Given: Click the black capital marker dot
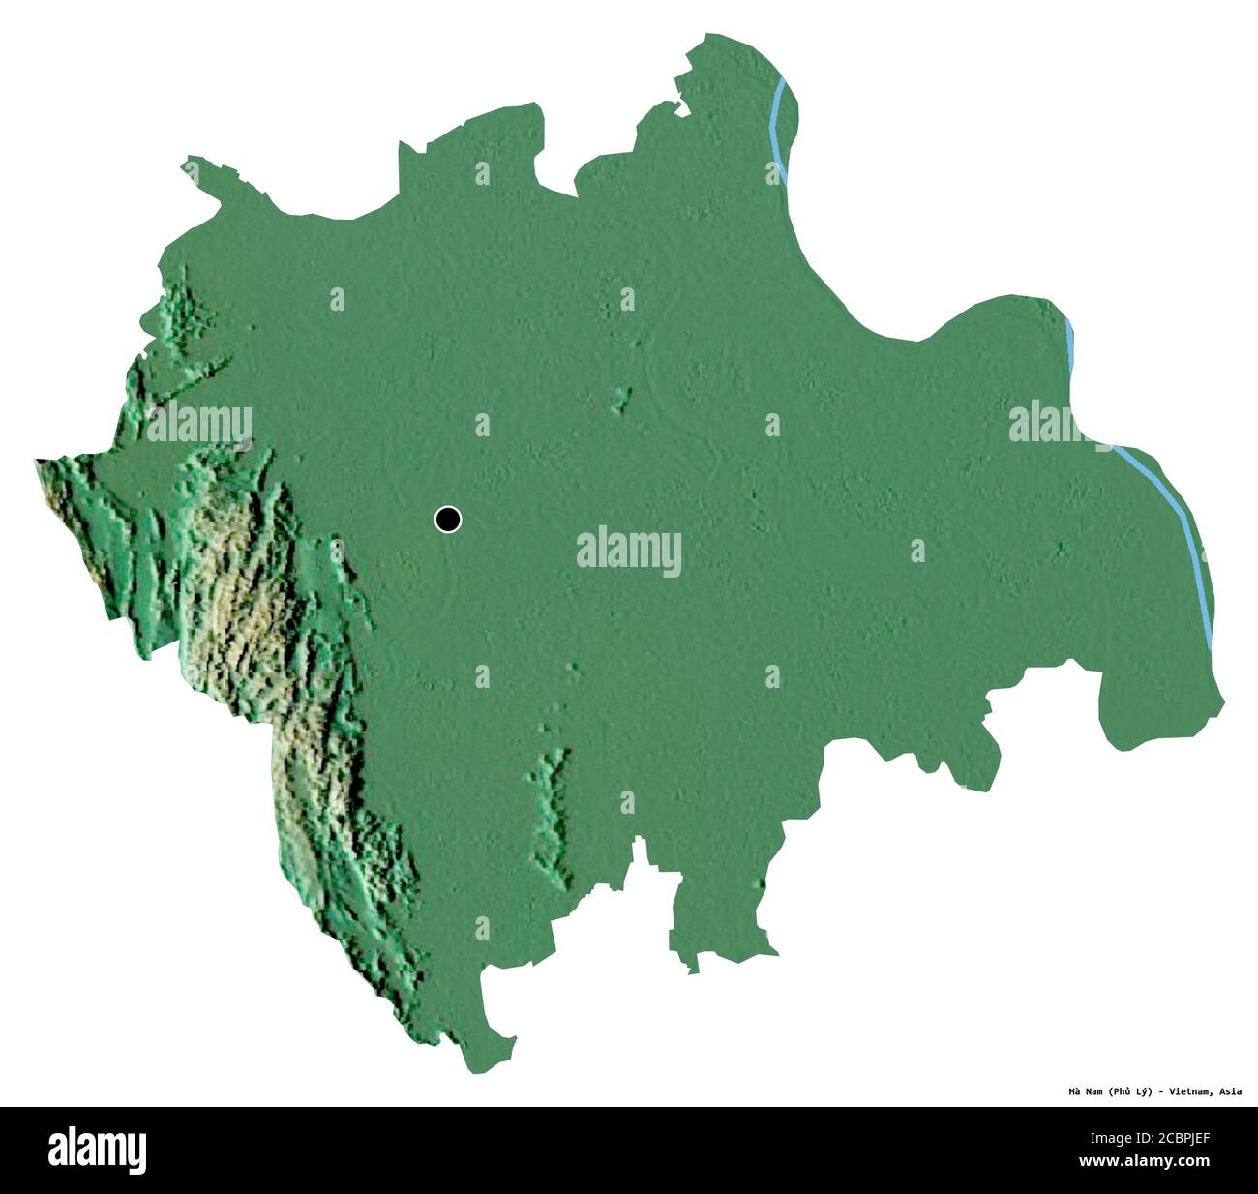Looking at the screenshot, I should point(447,520).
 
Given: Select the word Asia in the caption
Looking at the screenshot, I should point(1230,1091).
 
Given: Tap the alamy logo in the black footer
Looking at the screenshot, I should point(98,1149).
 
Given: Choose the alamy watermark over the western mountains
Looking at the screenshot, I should point(199,424).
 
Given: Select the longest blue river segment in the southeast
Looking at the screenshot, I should point(1176,522).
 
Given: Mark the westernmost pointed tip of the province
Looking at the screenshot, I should point(37,462).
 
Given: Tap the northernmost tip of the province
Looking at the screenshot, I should point(711,36).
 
